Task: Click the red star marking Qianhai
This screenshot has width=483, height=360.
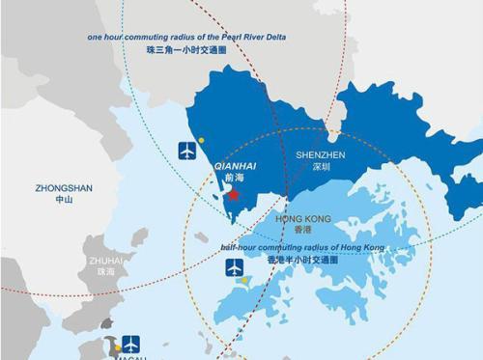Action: click(233, 194)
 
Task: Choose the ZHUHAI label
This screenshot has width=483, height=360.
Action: click(105, 261)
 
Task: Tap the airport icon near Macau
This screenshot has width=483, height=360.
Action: click(131, 344)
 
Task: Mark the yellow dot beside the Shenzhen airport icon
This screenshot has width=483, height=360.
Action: click(201, 140)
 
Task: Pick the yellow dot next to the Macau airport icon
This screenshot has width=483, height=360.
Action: click(118, 346)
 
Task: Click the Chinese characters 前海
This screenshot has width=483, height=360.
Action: click(232, 178)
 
